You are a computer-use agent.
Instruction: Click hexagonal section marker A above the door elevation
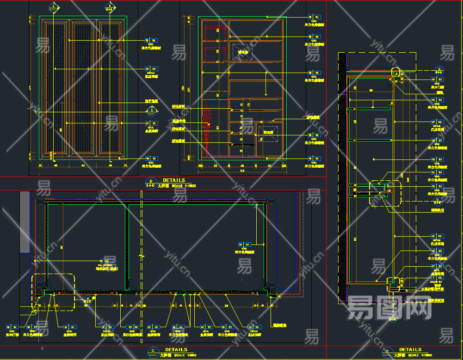(x=54, y=7)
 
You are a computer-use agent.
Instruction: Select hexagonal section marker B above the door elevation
(x=109, y=7)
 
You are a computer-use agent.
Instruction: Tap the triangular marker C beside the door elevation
(x=151, y=110)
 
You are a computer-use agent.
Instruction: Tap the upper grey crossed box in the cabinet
(x=242, y=51)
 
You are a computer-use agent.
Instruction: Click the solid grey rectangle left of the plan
(x=25, y=222)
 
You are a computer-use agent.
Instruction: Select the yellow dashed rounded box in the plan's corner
(x=53, y=291)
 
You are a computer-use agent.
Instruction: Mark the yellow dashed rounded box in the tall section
(x=385, y=193)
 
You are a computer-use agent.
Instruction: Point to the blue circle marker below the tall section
(x=393, y=315)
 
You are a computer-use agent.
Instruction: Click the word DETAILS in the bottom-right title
(x=410, y=350)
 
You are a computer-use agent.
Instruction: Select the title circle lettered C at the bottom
(x=153, y=352)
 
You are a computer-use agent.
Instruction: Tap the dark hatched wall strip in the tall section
(x=342, y=176)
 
